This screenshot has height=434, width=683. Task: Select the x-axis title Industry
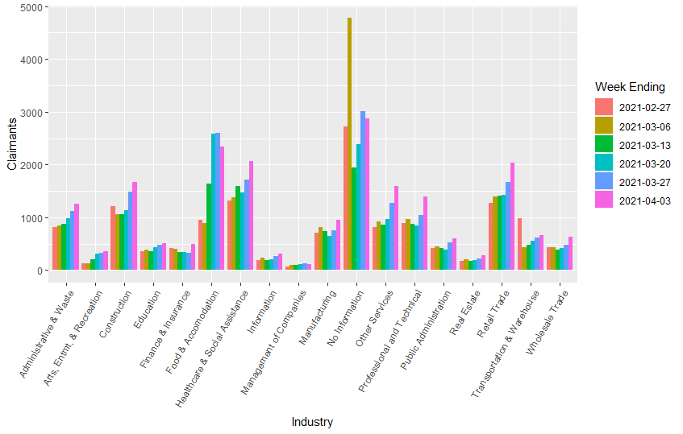pyautogui.click(x=312, y=422)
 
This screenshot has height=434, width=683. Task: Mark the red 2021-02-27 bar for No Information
pyautogui.click(x=345, y=198)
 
